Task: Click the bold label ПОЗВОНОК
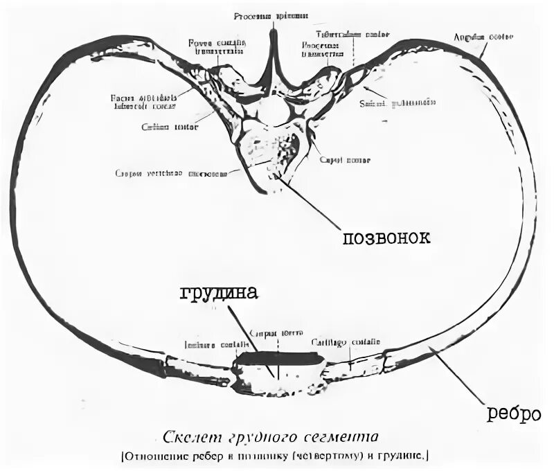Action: (x=386, y=238)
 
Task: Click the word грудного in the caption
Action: (x=259, y=438)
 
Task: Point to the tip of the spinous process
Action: (x=272, y=31)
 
